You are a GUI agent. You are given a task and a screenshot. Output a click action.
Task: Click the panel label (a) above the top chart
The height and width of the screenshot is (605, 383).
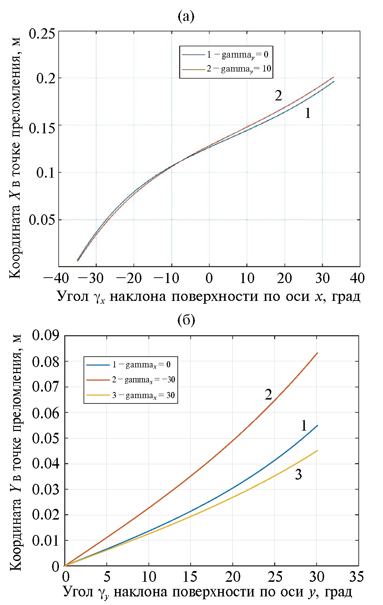pos(186,16)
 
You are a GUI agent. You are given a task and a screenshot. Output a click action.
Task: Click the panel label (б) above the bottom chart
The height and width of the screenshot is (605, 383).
pos(186,320)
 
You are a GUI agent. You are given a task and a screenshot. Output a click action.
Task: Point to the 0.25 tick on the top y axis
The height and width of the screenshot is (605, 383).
pos(42,34)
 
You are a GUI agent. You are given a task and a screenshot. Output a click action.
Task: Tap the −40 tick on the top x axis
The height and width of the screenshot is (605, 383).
pos(56,278)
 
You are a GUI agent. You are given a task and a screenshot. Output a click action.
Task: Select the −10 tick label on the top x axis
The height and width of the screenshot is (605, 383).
pos(166,278)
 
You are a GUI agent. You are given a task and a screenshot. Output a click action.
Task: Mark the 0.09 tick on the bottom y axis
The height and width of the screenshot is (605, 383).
pos(45,336)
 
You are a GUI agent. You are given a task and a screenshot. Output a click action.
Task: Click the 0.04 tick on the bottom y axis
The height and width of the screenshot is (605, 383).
pos(45,463)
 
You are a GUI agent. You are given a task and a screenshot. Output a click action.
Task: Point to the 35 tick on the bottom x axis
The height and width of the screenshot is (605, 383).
pos(356,577)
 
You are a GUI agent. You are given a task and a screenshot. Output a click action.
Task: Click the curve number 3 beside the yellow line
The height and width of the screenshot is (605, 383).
pos(298,475)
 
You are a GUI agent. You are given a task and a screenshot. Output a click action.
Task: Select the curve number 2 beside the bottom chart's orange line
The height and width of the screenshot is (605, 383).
pos(268,395)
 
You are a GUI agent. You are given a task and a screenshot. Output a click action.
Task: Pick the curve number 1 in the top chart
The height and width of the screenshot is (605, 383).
pos(308,113)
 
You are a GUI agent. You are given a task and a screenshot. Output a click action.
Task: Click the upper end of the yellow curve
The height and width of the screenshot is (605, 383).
pos(317,451)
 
